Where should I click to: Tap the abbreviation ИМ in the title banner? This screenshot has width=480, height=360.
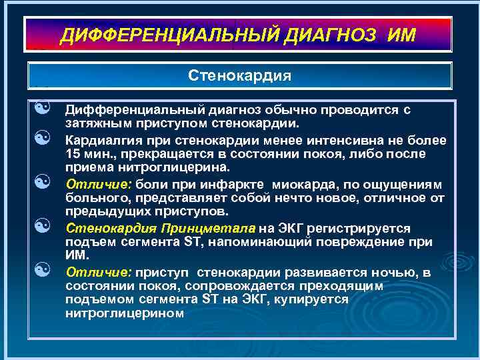pos(399,35)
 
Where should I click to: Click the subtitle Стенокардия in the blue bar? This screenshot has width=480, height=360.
pos(240,75)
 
